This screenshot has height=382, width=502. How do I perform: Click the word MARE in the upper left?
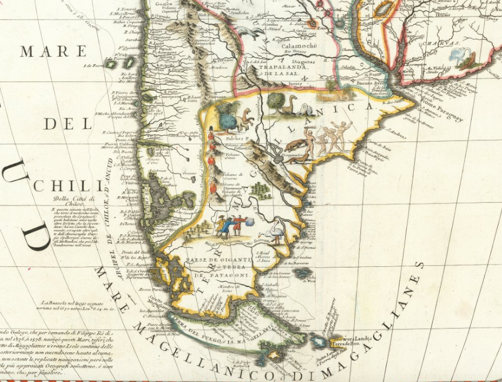tap(48, 52)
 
